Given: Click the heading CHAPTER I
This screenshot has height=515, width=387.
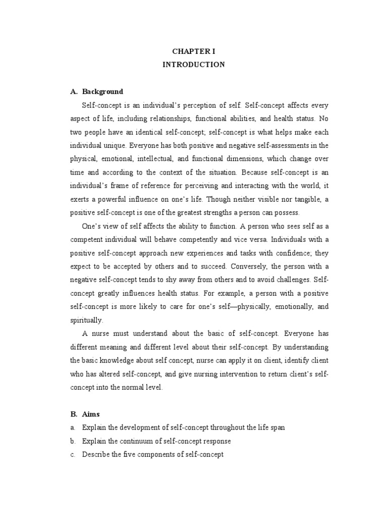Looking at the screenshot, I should coord(194,51).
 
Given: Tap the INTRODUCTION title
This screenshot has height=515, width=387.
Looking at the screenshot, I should coord(194,64).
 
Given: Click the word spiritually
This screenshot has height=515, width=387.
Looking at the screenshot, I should coord(87,320).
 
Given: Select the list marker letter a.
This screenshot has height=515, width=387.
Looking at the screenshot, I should coord(73,427).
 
